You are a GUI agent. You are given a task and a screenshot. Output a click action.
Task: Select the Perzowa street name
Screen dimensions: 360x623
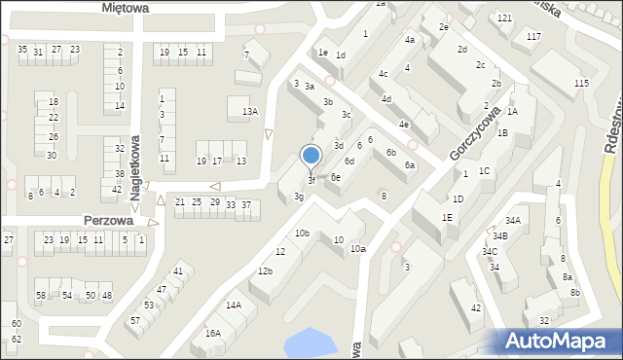[108, 220]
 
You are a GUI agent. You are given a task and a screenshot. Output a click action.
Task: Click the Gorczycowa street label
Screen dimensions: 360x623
[475, 133]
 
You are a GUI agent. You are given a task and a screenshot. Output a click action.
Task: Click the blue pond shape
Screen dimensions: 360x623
[307, 342]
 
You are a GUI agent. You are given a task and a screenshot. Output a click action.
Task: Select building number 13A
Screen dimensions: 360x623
[250, 112]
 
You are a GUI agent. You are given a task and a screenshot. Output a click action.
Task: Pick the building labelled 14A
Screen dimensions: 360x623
[234, 305]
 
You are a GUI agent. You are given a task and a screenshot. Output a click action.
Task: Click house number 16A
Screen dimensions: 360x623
[212, 333]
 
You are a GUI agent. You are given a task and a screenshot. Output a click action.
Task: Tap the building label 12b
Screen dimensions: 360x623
[265, 270]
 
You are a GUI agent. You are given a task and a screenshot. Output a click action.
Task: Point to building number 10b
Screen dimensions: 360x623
[303, 233]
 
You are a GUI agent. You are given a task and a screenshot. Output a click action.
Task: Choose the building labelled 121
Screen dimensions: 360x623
[504, 18]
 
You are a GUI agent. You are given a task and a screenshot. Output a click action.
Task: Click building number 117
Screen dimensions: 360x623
[533, 36]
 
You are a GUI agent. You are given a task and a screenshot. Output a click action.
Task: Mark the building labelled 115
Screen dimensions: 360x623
[581, 83]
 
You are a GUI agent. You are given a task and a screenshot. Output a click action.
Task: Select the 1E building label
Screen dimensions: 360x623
[447, 217]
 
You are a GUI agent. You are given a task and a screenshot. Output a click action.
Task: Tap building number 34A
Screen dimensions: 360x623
[513, 221]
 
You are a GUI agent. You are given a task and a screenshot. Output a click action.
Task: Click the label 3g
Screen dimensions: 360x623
[300, 197]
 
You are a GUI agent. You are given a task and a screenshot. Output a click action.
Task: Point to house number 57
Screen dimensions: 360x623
[135, 320]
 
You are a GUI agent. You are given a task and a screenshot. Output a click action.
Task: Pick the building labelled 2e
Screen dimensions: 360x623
[443, 27]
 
